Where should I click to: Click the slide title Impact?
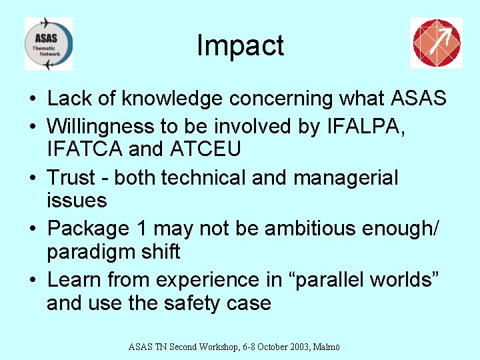tap(240, 45)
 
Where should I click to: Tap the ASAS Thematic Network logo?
tap(48, 44)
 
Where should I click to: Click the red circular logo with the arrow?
tap(435, 43)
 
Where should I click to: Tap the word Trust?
tap(75, 178)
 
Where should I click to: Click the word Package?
tap(88, 228)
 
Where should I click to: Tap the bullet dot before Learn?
tap(32, 280)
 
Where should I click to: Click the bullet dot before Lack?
tap(32, 99)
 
